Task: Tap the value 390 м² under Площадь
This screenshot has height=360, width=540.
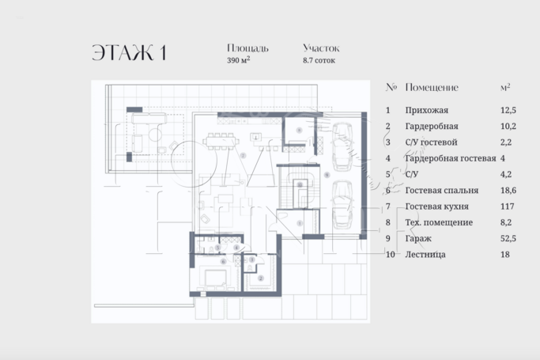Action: pos(238,60)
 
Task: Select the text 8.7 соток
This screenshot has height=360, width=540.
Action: pos(319,60)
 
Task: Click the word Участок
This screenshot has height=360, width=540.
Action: pos(320,48)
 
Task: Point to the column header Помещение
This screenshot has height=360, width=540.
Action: pos(431,87)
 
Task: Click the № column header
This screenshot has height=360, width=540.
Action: pos(390,87)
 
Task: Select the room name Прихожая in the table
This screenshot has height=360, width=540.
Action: pos(426,111)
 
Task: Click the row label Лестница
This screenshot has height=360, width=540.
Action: pos(425,254)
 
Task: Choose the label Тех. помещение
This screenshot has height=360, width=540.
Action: pos(439,222)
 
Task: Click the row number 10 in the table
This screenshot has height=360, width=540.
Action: pos(390,254)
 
